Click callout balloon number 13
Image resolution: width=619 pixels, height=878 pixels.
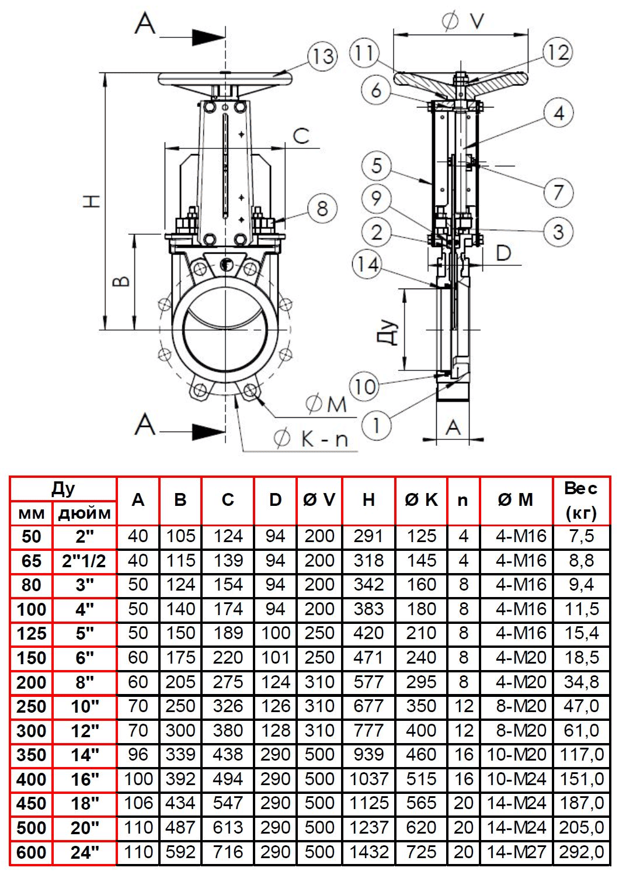[x=322, y=57]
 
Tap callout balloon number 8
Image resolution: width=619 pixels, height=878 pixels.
[x=322, y=209]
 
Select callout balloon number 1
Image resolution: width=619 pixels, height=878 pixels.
[x=376, y=425]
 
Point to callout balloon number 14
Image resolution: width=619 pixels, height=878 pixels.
[x=367, y=265]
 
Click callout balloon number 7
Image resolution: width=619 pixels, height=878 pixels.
[x=558, y=192]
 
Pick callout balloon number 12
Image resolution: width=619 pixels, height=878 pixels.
[x=557, y=53]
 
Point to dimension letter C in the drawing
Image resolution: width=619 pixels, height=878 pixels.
[x=301, y=136]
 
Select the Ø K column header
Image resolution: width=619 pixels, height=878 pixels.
[x=421, y=500]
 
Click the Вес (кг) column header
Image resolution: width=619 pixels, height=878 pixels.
[x=581, y=500]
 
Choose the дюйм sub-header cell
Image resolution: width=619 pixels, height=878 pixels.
[x=85, y=513]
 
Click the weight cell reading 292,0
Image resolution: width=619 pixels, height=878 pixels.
[x=581, y=852]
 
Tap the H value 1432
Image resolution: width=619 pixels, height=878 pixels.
[x=368, y=852]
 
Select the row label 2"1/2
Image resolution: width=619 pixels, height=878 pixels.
[x=85, y=561]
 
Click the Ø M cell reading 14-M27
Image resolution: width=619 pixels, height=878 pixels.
[x=516, y=852]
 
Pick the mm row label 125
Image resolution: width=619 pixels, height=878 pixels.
[x=32, y=634]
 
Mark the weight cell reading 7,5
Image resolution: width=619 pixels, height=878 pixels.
[x=581, y=536]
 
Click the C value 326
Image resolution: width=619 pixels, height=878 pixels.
[x=228, y=706]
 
